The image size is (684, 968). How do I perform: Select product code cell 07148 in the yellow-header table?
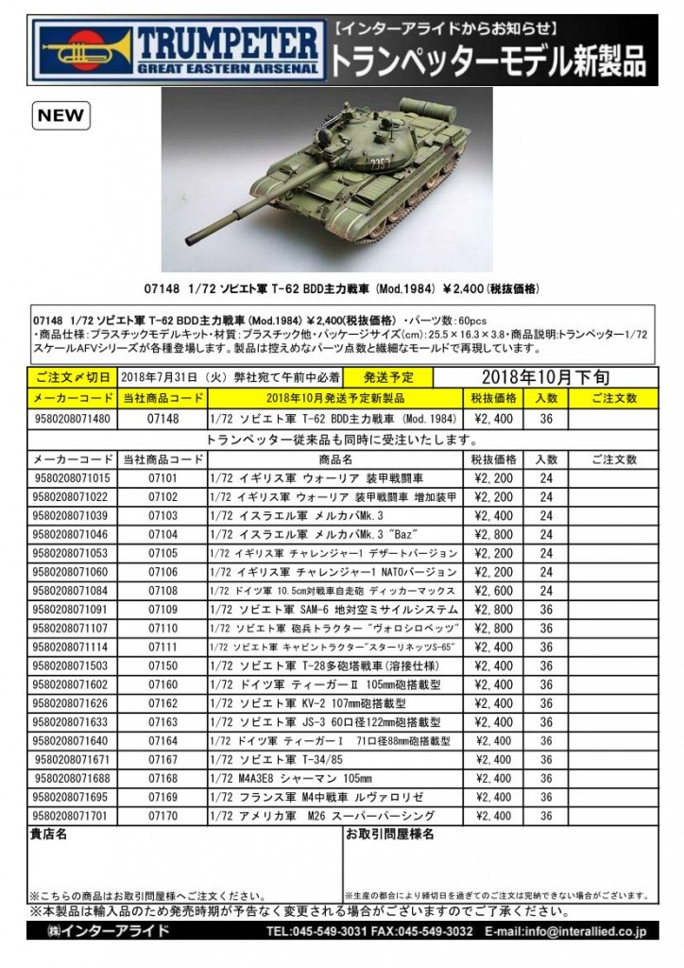pyautogui.click(x=162, y=417)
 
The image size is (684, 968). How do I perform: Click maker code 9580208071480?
pyautogui.click(x=71, y=417)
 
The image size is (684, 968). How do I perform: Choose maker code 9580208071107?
pyautogui.click(x=71, y=629)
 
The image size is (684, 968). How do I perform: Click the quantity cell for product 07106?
pyautogui.click(x=546, y=572)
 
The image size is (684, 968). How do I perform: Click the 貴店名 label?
pyautogui.click(x=48, y=836)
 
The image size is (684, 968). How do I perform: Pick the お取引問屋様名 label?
pyautogui.click(x=389, y=836)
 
